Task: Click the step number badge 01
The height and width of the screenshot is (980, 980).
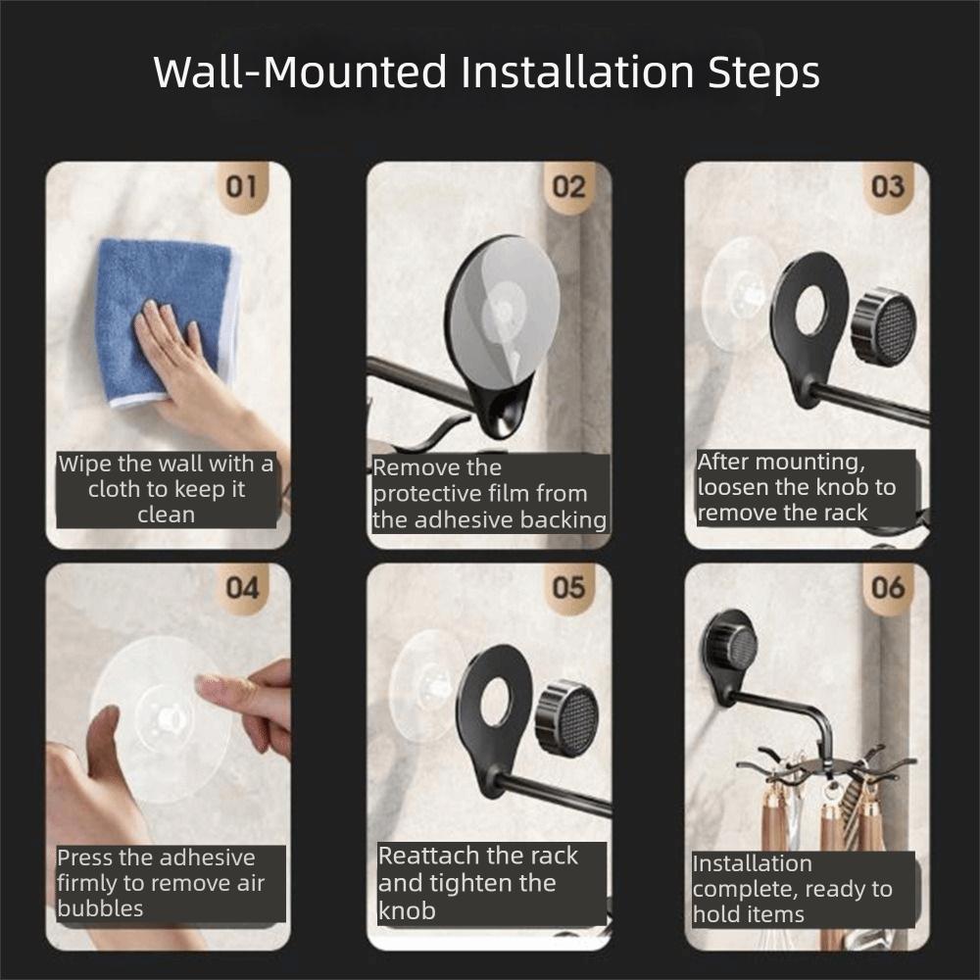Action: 241,186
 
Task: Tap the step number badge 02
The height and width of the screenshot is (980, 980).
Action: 568,186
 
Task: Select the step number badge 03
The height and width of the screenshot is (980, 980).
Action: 888,186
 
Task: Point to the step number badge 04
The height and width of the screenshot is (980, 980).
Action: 242,587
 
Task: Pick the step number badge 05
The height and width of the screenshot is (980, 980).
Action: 568,587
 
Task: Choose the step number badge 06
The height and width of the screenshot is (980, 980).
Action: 888,587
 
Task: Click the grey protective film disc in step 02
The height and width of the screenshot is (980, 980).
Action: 504,311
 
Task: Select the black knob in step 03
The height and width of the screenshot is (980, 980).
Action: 884,326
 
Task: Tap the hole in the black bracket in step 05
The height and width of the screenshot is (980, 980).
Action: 497,702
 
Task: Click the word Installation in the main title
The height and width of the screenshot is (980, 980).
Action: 577,72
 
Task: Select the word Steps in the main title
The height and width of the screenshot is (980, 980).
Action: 763,73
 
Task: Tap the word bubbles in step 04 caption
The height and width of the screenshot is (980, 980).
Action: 100,908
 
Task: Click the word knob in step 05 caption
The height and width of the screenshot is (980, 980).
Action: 407,910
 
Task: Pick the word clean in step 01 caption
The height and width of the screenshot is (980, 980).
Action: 167,514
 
